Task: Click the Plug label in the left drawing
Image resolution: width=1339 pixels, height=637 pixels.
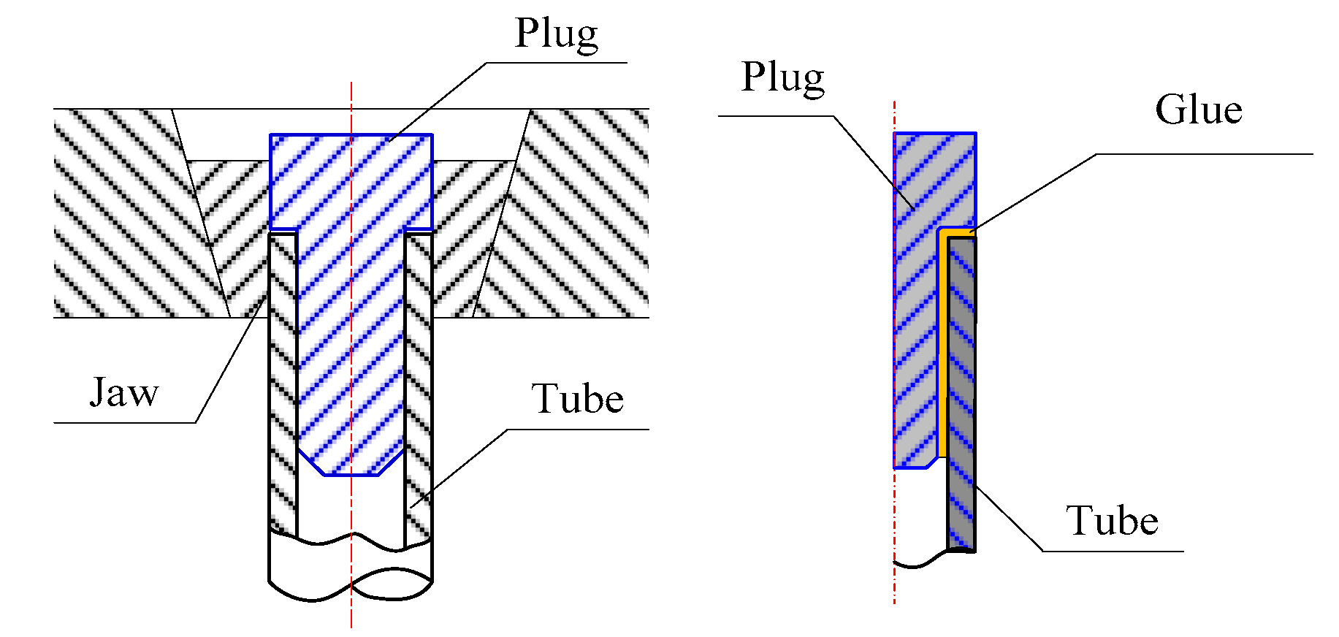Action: [556, 34]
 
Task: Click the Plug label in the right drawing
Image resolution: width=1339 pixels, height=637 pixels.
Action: [782, 77]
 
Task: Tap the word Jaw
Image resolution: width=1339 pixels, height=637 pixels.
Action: [123, 392]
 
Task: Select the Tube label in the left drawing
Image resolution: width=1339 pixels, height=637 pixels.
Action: [577, 399]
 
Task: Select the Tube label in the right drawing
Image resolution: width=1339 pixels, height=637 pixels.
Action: [1112, 521]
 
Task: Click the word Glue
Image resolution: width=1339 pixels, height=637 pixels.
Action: [1198, 110]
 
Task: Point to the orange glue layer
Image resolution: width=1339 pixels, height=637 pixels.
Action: [943, 343]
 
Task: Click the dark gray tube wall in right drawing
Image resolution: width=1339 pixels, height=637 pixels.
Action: [961, 394]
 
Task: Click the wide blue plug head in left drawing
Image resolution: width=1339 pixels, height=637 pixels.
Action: [351, 181]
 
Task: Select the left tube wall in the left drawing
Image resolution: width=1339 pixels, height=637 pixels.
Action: [283, 380]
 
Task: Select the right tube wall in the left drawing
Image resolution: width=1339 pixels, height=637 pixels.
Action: [419, 380]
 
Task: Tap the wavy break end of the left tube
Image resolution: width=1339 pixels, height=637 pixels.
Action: [351, 584]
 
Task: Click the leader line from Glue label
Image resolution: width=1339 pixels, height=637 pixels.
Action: [1037, 191]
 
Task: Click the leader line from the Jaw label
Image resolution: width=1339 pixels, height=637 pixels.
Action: [226, 365]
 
